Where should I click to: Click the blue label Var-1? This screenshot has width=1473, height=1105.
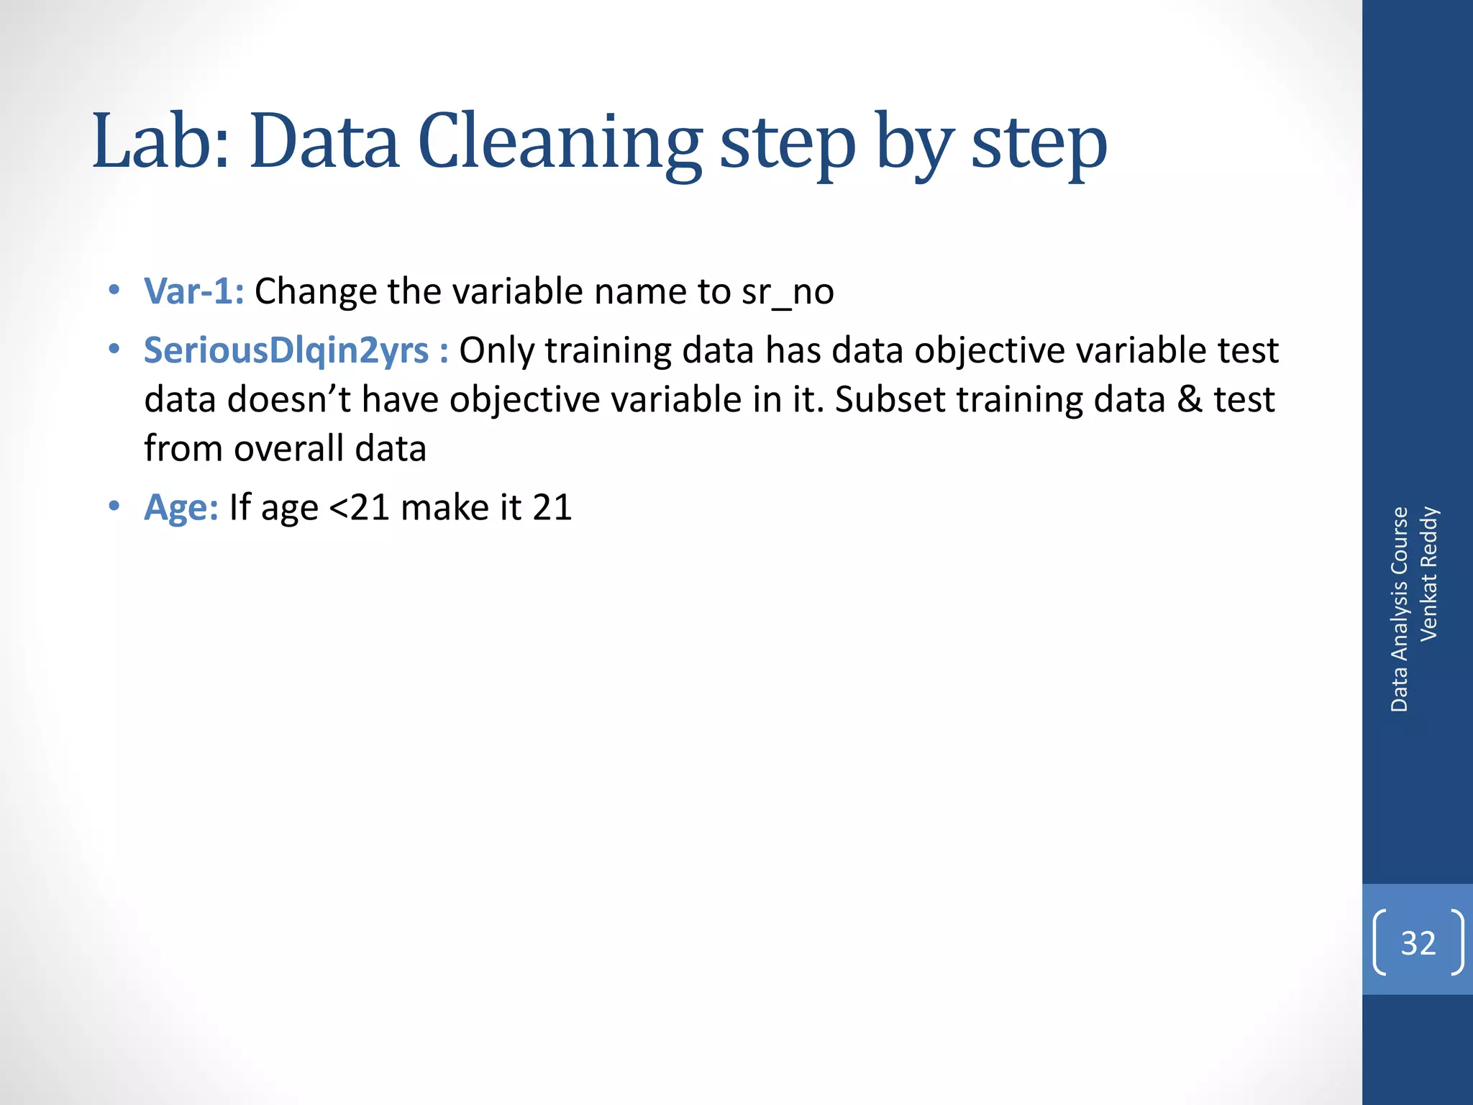click(x=193, y=291)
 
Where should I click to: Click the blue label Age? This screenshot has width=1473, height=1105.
click(x=181, y=507)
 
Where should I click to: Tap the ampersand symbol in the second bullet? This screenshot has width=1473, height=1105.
click(x=1190, y=399)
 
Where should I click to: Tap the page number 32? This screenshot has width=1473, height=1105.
click(x=1418, y=942)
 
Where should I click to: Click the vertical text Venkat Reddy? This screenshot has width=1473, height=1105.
click(x=1428, y=573)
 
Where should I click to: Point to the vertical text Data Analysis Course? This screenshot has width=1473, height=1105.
click(x=1399, y=609)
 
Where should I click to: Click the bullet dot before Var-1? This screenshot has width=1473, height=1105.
click(x=114, y=291)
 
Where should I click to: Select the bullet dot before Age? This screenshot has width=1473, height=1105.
click(x=114, y=506)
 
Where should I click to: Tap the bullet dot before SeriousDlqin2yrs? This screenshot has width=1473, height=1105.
click(x=114, y=350)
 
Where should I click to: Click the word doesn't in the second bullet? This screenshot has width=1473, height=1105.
click(x=288, y=399)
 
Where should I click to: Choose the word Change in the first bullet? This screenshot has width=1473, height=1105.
click(x=315, y=291)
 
